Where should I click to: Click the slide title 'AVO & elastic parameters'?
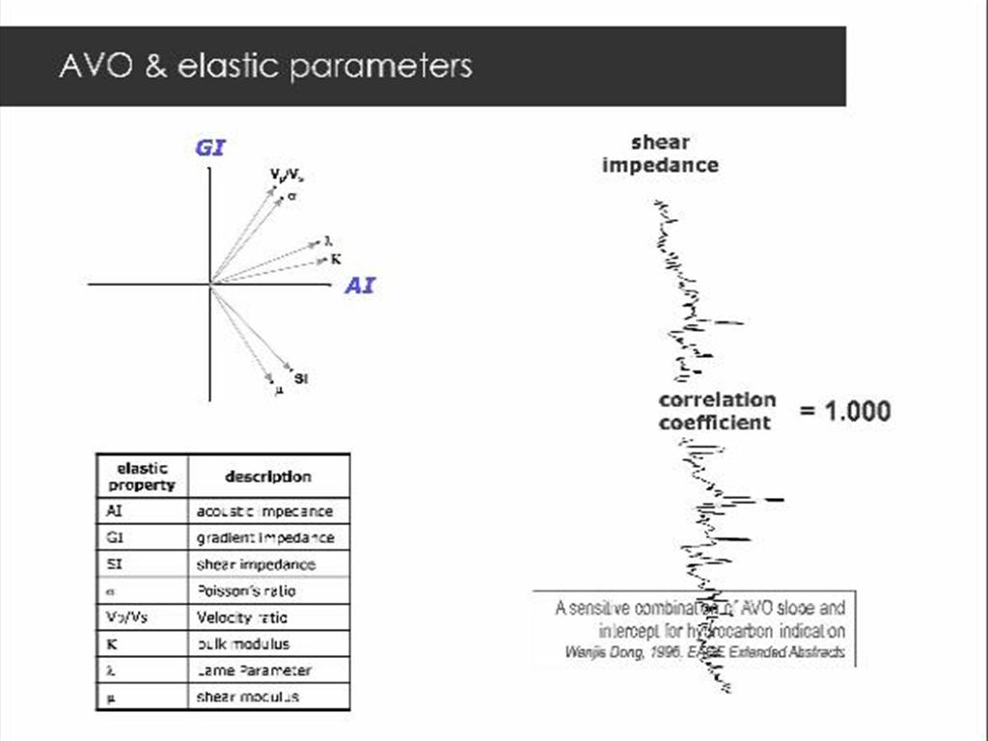click(265, 66)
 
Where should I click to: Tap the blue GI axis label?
click(210, 149)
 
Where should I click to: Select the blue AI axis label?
click(359, 287)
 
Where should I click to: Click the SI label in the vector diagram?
click(301, 378)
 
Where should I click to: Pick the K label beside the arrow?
click(336, 259)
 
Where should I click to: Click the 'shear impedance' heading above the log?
click(660, 154)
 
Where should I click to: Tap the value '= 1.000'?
click(845, 411)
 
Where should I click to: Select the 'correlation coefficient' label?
click(717, 411)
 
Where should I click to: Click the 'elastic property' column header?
click(142, 477)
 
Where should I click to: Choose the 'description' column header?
click(268, 477)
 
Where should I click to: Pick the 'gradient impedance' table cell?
click(265, 537)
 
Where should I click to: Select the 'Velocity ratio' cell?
click(241, 617)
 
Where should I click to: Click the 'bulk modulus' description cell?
click(243, 644)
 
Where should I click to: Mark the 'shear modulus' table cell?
click(248, 697)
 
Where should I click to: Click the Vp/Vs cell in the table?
click(121, 617)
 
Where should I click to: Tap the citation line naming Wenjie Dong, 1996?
click(704, 652)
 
